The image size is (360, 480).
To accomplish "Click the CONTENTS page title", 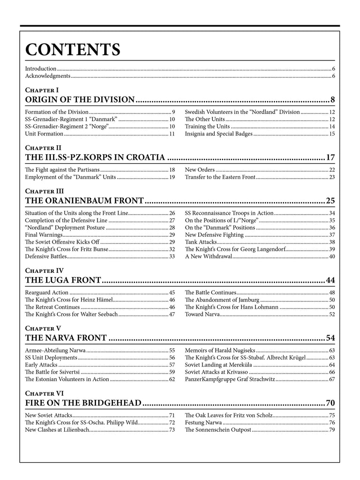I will [x=73, y=49].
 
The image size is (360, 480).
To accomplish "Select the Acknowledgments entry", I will [x=47, y=75].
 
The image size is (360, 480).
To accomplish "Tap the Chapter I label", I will [x=42, y=89].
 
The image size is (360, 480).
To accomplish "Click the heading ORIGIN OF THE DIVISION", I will [x=80, y=99].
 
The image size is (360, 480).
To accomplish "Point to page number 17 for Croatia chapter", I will [x=330, y=157].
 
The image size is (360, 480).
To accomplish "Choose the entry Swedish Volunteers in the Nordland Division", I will [x=242, y=112].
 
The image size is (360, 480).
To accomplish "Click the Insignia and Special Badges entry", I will [x=218, y=134].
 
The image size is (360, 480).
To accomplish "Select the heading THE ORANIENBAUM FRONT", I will [x=84, y=201].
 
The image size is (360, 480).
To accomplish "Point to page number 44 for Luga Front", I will [x=330, y=281].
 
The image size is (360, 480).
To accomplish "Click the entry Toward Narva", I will [x=202, y=314].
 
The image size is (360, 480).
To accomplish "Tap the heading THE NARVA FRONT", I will [x=66, y=338].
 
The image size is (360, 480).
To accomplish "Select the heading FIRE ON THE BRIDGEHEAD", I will [x=83, y=403].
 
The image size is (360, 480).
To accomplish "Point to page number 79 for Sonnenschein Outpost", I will [x=332, y=430].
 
